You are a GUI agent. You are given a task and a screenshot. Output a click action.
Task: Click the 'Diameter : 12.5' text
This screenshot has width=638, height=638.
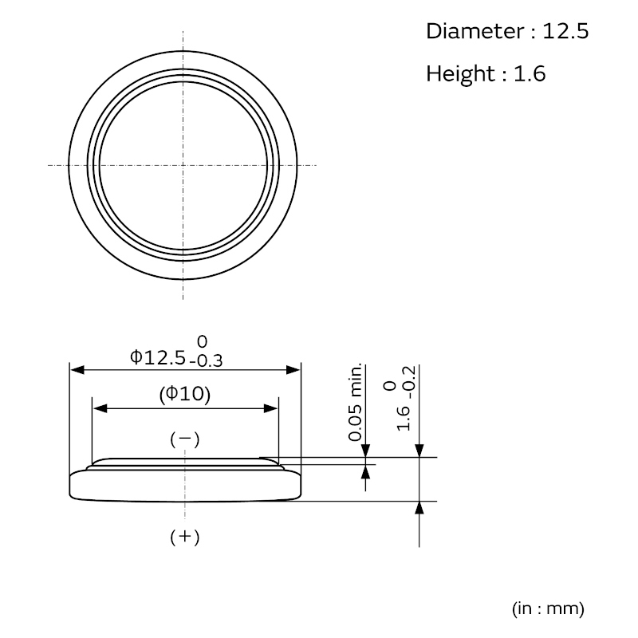pyautogui.click(x=507, y=31)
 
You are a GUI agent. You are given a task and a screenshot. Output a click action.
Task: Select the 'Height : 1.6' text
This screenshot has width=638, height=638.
pyautogui.click(x=486, y=73)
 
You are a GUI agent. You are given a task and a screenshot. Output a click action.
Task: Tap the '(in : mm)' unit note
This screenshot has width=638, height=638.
pyautogui.click(x=548, y=608)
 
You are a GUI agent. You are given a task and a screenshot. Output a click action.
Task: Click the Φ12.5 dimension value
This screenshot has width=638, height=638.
pyautogui.click(x=158, y=357)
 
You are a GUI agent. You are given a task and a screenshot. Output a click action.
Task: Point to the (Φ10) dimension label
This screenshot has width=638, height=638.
pyautogui.click(x=185, y=394)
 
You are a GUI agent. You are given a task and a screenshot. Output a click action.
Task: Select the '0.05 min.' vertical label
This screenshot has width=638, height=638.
pyautogui.click(x=355, y=402)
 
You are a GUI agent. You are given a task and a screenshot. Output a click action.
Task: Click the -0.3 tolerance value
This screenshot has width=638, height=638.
pyautogui.click(x=206, y=360)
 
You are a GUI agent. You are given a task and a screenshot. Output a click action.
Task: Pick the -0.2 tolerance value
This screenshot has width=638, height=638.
pyautogui.click(x=409, y=382)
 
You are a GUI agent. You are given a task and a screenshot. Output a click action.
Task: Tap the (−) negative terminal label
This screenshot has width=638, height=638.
pyautogui.click(x=185, y=439)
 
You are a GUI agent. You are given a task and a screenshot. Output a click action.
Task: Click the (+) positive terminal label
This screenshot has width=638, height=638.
pyautogui.click(x=185, y=537)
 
